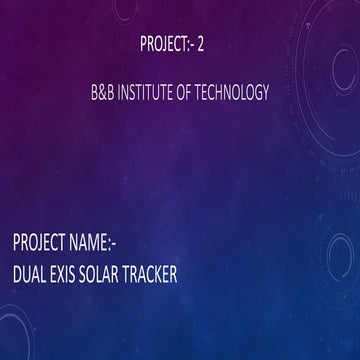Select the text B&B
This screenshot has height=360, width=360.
pyautogui.click(x=102, y=92)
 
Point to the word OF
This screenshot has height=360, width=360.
pyautogui.click(x=192, y=92)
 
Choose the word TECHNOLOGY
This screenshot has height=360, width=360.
pyautogui.click(x=237, y=92)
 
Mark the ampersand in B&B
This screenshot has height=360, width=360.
pyautogui.click(x=102, y=92)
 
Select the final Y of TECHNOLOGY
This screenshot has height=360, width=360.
pyautogui.click(x=266, y=92)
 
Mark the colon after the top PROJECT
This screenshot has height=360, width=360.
pyautogui.click(x=192, y=44)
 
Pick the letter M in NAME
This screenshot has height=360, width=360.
pyautogui.click(x=113, y=242)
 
